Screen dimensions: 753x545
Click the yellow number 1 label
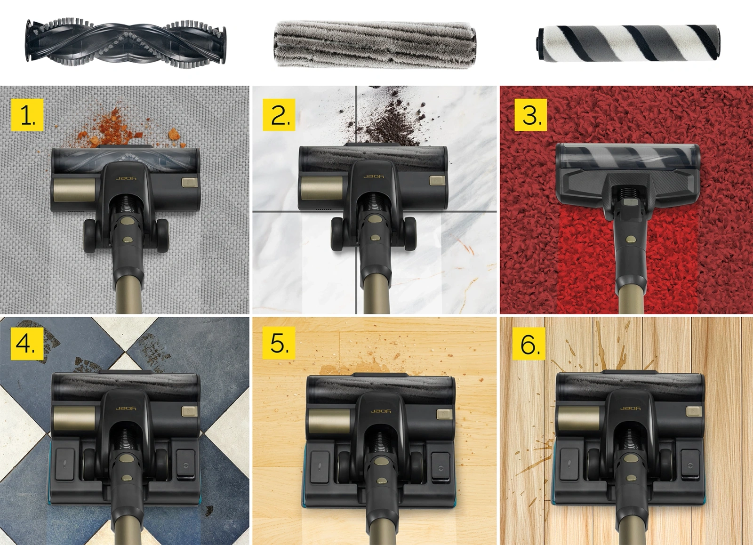[27, 114]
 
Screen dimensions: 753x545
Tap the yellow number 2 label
[279, 114]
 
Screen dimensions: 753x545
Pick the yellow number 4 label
[27, 345]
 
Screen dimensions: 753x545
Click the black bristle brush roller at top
[126, 41]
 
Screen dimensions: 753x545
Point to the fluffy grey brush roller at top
[376, 44]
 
